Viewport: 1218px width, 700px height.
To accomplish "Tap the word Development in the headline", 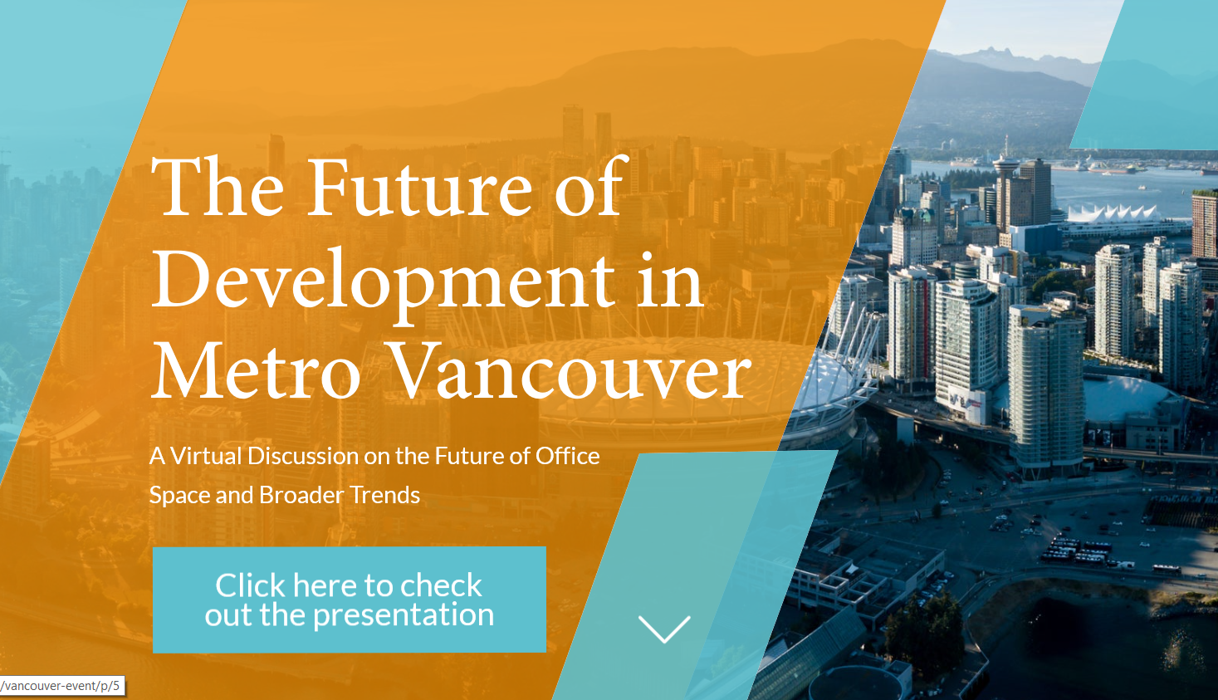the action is (383, 286).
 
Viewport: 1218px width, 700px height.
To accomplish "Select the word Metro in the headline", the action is (256, 370).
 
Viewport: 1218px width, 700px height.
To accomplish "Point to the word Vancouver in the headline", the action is (571, 370).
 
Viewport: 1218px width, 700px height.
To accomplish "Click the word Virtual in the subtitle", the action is (206, 456).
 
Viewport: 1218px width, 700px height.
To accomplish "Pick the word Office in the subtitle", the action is (567, 456).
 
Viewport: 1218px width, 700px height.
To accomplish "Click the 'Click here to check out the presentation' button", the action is (349, 600).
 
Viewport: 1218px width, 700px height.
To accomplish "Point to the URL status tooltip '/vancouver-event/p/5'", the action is (62, 685).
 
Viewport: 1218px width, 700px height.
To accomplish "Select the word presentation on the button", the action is (404, 615).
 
